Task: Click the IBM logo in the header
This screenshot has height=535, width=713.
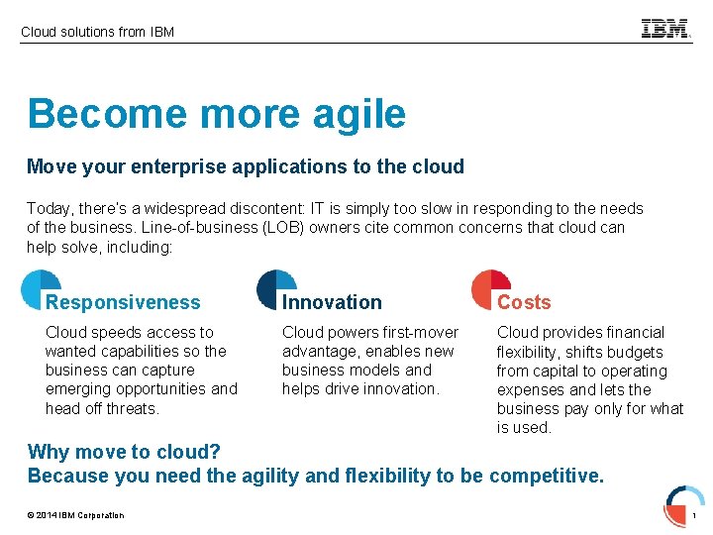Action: pyautogui.click(x=665, y=29)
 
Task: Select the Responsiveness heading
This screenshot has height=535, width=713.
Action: pyautogui.click(x=123, y=302)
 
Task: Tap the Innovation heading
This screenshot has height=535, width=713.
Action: pyautogui.click(x=332, y=302)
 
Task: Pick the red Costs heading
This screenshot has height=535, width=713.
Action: pyautogui.click(x=524, y=302)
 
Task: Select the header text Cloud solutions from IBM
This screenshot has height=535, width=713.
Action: pyautogui.click(x=97, y=32)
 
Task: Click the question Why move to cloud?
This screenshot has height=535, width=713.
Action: pyautogui.click(x=124, y=452)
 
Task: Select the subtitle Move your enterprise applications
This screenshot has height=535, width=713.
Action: pyautogui.click(x=245, y=166)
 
